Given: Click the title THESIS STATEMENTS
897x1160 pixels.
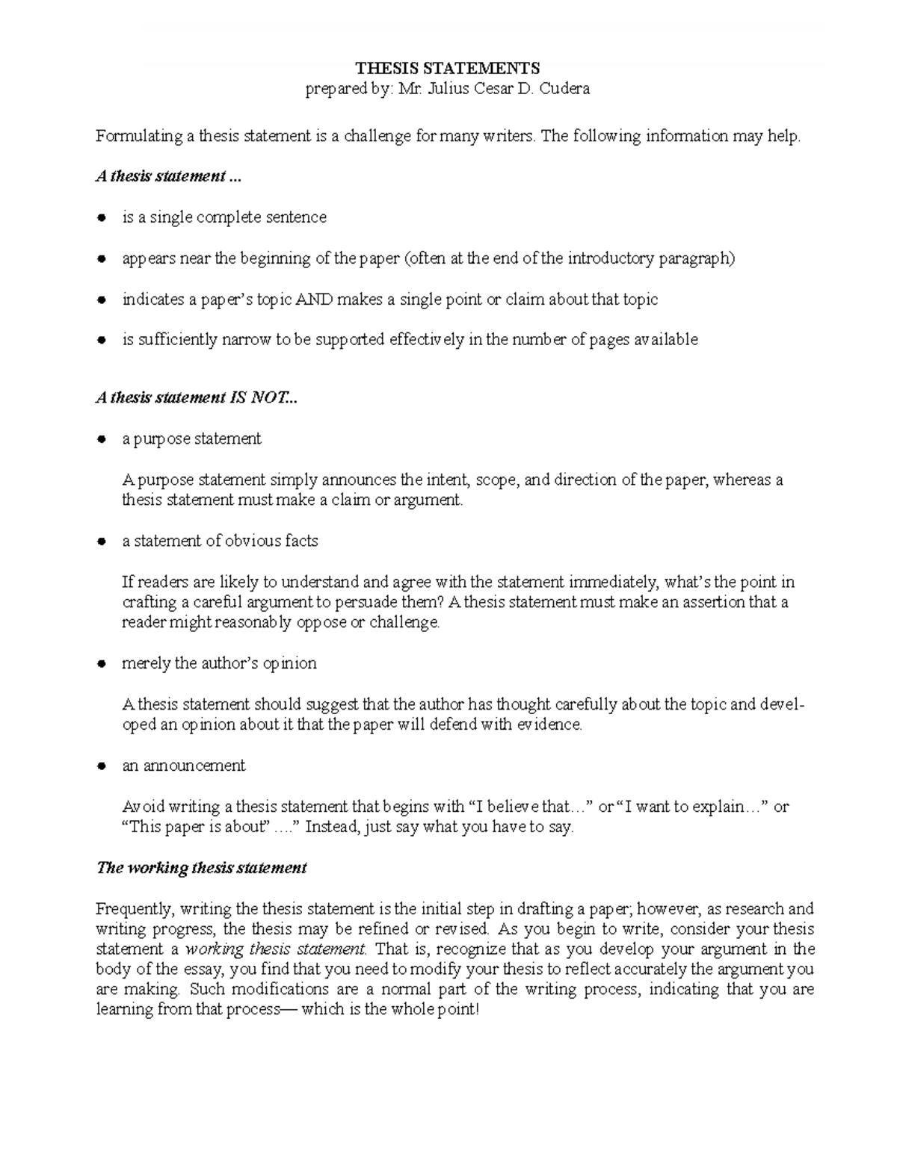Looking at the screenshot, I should (448, 69).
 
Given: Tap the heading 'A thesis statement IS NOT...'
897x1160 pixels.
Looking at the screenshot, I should (196, 398).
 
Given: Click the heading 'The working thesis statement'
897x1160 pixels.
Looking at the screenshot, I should (202, 868).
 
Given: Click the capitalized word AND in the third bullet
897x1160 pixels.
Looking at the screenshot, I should (315, 300).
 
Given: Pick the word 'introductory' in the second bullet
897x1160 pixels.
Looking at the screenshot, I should (611, 259).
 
